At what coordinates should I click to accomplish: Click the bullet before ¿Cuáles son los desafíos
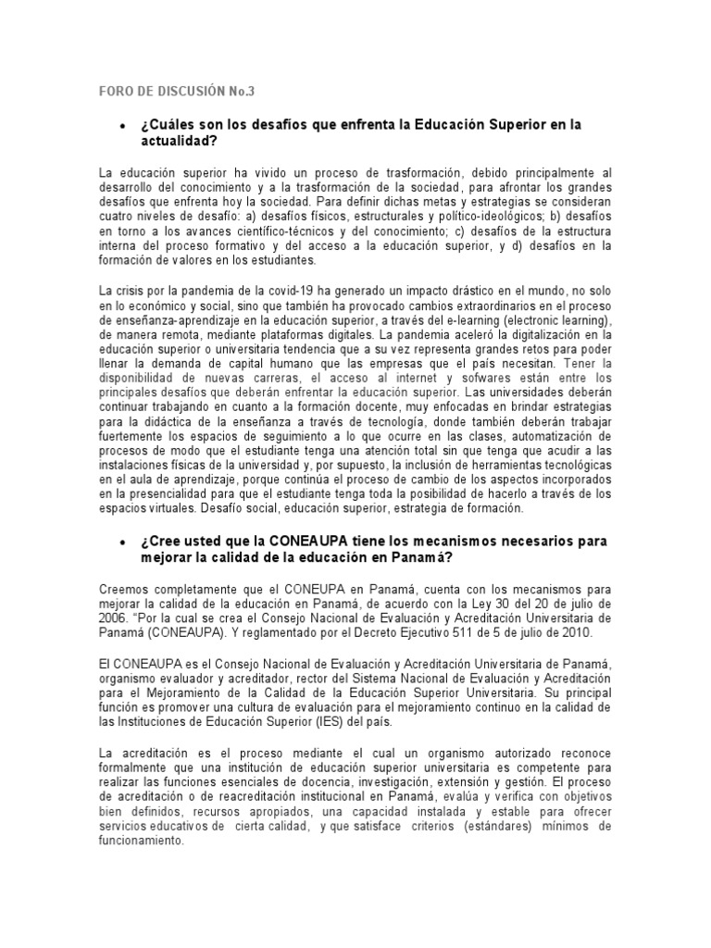123,125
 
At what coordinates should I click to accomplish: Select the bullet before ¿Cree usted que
123,541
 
